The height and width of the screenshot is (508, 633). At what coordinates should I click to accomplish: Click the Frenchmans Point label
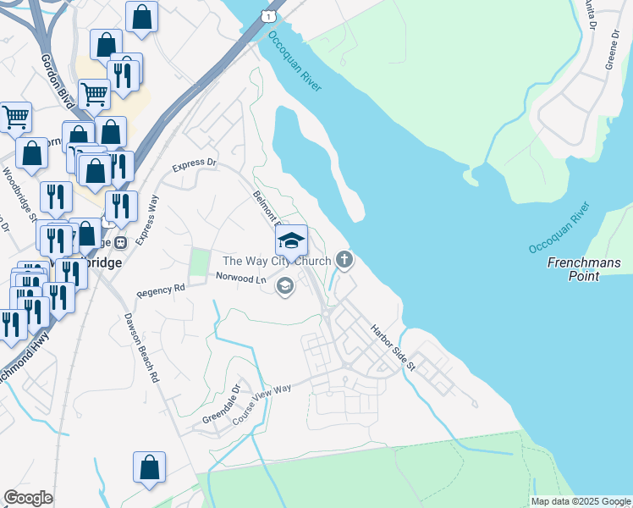tap(584, 269)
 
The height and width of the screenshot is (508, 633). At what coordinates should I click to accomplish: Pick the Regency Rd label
tap(161, 290)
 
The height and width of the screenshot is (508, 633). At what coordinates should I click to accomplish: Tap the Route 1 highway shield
tap(268, 16)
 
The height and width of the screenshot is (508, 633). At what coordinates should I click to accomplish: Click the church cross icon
tap(344, 259)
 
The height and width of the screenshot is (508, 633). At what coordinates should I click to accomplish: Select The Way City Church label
tap(276, 261)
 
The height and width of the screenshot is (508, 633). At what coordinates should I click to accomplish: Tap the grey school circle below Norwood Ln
tap(284, 287)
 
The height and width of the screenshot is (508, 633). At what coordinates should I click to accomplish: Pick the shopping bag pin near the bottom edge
tap(149, 468)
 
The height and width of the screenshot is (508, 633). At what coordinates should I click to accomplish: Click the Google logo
tap(28, 498)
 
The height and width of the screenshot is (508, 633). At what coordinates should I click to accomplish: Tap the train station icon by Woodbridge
tap(121, 243)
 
